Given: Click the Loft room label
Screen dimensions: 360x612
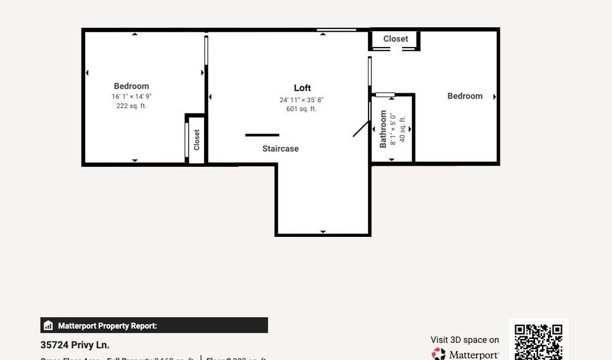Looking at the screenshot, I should click(x=302, y=88).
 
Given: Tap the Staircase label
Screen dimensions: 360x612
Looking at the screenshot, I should click(x=280, y=148).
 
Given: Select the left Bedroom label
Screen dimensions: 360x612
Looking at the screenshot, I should click(x=131, y=86).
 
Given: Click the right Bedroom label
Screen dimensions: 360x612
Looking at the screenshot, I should click(x=464, y=96).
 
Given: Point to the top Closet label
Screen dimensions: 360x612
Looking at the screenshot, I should click(x=395, y=39).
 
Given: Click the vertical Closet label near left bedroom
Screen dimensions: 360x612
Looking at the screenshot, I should click(x=197, y=140).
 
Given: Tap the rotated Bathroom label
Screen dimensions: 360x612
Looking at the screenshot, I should click(x=383, y=129).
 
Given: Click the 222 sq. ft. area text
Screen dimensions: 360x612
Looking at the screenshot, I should click(x=131, y=106).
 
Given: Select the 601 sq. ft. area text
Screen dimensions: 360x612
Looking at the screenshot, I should click(x=301, y=109).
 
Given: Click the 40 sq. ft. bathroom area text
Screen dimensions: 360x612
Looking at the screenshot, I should click(x=402, y=129).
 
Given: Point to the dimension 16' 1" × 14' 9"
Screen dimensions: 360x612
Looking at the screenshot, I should click(x=131, y=97).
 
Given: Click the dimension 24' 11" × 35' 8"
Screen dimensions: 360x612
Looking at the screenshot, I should click(x=301, y=100).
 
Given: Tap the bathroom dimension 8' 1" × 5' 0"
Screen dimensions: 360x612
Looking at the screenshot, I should click(x=392, y=129).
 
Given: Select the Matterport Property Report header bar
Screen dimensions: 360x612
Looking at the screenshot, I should click(x=154, y=325).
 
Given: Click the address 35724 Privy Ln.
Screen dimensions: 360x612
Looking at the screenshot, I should click(x=75, y=345).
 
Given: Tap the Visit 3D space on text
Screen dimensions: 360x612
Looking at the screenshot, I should click(x=464, y=340).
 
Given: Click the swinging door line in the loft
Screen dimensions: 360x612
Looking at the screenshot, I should click(x=361, y=128).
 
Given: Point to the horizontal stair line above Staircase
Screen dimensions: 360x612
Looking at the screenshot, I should click(x=262, y=135).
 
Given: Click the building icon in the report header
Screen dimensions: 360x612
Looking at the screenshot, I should click(x=48, y=326).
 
